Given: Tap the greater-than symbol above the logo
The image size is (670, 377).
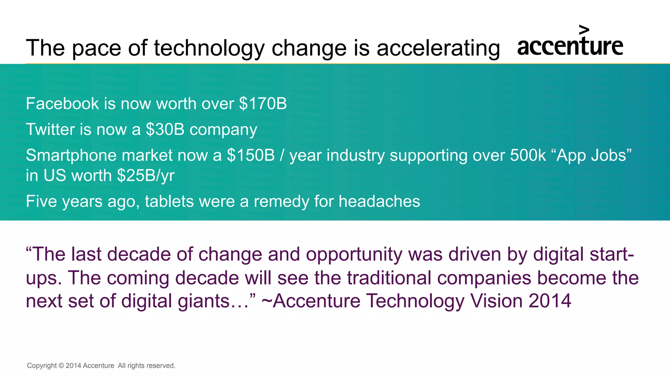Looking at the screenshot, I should [x=584, y=30].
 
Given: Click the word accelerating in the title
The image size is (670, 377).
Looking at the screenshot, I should [x=438, y=48].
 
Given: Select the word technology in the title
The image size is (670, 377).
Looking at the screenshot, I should [x=209, y=48].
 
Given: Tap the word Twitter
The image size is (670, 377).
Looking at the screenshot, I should [x=50, y=129].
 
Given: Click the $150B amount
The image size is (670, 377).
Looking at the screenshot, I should [x=251, y=155].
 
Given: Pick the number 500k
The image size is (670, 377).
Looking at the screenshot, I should [x=528, y=155].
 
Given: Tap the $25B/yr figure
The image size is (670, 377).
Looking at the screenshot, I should [x=146, y=176].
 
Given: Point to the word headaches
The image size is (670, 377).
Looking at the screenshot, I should [x=379, y=201].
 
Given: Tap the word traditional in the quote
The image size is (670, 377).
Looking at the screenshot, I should [x=389, y=278].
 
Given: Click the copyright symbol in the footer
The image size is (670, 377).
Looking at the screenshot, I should [x=61, y=366].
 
